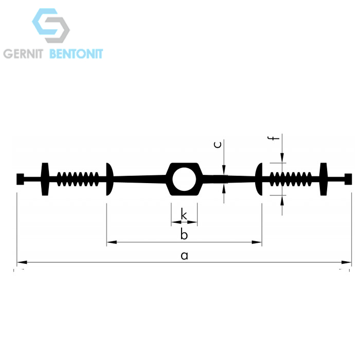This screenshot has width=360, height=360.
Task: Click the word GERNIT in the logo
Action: (x=23, y=53)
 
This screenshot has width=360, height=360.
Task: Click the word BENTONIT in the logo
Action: (x=76, y=53)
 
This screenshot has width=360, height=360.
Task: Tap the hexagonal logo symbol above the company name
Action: (x=51, y=26)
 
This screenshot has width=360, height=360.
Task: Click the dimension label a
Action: (x=184, y=256)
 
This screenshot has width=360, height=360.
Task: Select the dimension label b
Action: (x=184, y=234)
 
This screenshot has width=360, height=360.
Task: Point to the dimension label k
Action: (x=184, y=214)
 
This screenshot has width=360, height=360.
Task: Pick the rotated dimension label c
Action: (x=218, y=145)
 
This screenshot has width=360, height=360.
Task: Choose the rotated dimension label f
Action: (x=274, y=138)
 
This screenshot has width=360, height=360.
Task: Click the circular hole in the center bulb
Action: (x=184, y=179)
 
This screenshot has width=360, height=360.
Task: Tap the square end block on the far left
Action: (x=20, y=179)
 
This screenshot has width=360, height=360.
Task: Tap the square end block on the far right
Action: (x=348, y=179)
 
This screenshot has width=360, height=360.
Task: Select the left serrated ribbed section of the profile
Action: (x=78, y=179)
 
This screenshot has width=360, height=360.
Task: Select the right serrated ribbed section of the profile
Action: (x=291, y=179)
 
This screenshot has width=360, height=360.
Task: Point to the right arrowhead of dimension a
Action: (x=346, y=262)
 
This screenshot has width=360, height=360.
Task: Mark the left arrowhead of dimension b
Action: (x=112, y=242)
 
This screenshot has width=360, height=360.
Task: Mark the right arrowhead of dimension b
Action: (x=257, y=242)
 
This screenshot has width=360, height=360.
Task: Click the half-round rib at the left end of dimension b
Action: (x=109, y=179)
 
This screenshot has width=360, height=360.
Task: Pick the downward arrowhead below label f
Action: (x=282, y=158)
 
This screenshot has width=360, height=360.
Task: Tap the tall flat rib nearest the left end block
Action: (x=45, y=179)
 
